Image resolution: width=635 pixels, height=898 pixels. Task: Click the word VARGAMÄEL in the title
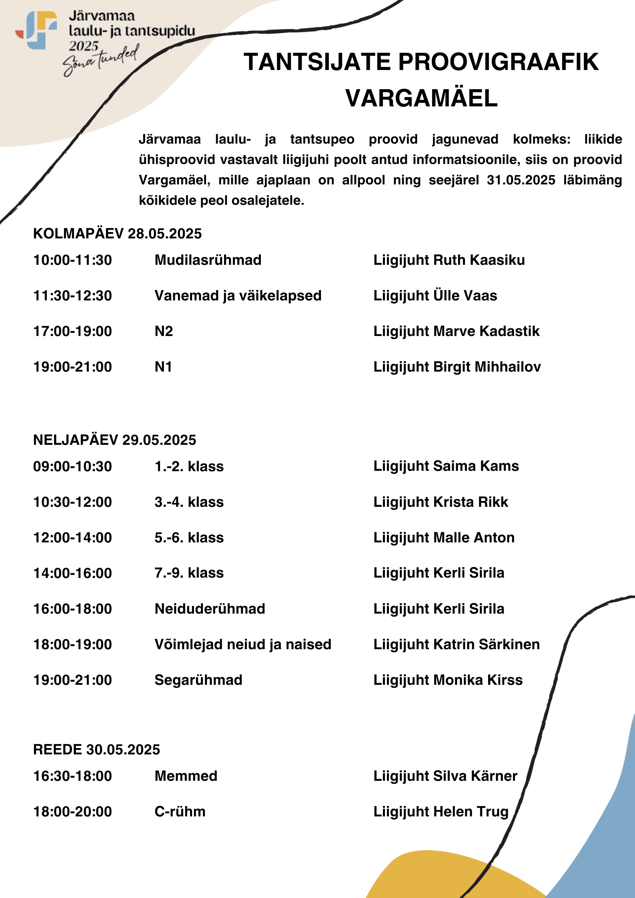421,98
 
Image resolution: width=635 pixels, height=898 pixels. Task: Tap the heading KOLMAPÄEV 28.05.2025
117,234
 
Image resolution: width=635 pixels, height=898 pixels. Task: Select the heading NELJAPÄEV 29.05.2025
114,440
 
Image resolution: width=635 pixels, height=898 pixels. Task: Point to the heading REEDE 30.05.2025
96,750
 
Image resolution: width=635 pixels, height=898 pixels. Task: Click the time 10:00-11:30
72,260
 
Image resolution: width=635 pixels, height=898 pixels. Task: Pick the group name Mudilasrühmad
208,260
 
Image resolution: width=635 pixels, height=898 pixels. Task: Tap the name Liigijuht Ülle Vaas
435,296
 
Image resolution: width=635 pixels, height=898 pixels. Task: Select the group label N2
164,331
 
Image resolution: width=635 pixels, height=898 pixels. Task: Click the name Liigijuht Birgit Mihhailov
457,367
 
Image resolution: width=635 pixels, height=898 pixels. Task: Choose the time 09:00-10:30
72,466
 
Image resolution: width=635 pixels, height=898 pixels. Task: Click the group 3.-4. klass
189,502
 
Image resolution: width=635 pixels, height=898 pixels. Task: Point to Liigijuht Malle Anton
444,538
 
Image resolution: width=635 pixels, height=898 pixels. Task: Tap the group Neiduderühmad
210,609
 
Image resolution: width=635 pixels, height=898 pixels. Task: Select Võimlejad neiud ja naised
243,644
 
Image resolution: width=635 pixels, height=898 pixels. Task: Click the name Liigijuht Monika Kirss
448,680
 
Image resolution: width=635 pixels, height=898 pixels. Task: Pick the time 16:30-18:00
72,776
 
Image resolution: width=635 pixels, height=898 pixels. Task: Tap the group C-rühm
180,812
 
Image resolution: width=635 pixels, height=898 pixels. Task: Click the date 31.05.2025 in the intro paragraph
521,180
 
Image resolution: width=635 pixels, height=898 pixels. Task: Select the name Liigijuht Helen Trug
441,812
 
